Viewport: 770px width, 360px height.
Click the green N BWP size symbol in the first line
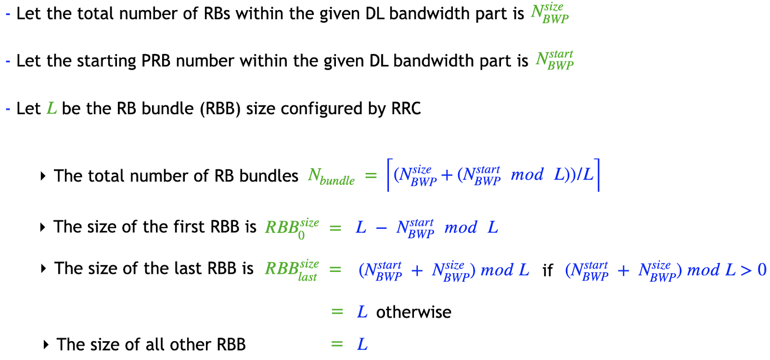[549, 13]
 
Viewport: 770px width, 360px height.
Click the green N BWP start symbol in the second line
[554, 60]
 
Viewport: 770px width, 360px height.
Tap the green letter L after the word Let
[51, 108]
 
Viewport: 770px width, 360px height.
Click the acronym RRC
[406, 108]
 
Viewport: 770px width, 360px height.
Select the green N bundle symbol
[331, 176]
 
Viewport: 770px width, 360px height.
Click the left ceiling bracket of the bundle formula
[389, 175]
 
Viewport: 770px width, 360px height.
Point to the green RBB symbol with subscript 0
[291, 227]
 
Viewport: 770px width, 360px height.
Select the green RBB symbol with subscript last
[291, 270]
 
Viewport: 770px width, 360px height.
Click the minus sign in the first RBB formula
[381, 228]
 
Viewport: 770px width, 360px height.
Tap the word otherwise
[413, 312]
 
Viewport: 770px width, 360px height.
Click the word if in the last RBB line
[547, 270]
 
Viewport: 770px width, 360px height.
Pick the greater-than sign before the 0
[746, 270]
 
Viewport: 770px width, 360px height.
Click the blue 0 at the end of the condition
[762, 270]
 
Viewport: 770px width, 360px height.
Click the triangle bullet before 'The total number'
[43, 176]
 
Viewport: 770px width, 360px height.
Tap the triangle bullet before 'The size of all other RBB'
[46, 345]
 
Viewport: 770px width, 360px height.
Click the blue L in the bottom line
[362, 344]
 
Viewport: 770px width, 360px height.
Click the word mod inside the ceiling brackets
[527, 175]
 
